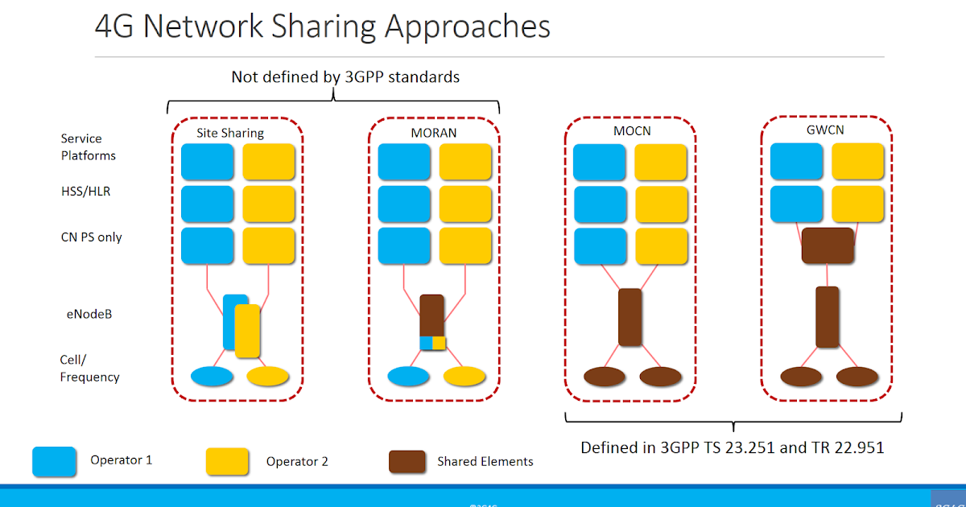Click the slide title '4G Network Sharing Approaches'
tap(322, 26)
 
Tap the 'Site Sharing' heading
tap(230, 133)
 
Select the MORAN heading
tap(434, 133)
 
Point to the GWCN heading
tap(827, 130)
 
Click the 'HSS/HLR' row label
tap(85, 192)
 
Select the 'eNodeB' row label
tap(89, 314)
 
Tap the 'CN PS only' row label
tap(92, 237)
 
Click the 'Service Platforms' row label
tap(88, 147)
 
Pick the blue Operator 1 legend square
tap(54, 461)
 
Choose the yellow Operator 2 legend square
tap(228, 461)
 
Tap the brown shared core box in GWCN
tap(828, 245)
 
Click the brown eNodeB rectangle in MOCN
tap(630, 317)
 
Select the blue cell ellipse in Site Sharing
tap(212, 376)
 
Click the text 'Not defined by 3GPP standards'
tap(345, 77)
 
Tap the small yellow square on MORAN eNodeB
tap(440, 343)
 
